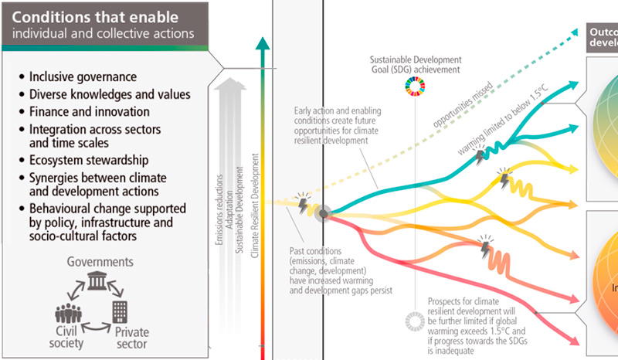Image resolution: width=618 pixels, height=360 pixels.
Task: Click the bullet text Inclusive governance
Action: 83,77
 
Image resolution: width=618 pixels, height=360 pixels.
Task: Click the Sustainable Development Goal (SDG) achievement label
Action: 416,64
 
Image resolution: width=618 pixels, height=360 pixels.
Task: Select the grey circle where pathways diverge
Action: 323,212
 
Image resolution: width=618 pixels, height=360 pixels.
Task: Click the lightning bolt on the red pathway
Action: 484,250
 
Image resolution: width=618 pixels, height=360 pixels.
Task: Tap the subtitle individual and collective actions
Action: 103,33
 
